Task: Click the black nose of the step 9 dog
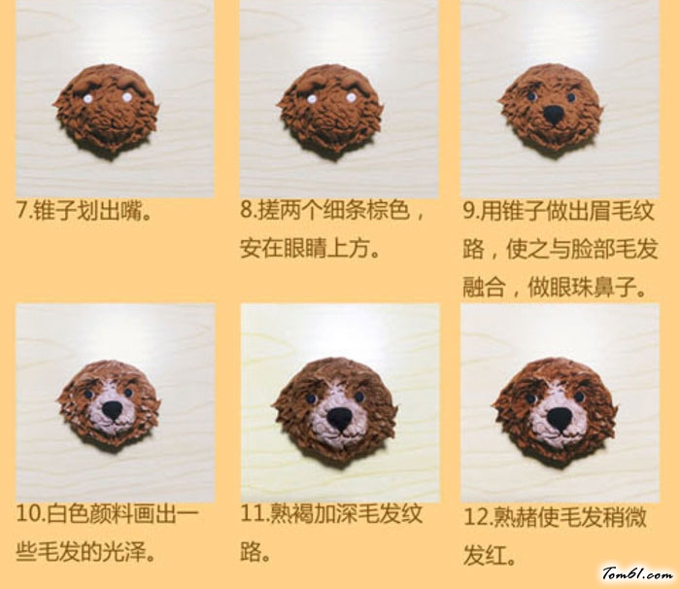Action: tap(554, 115)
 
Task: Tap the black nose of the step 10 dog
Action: tap(113, 410)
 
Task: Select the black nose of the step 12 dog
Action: tap(559, 418)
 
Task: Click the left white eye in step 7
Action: tap(86, 99)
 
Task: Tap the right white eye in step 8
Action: tap(352, 98)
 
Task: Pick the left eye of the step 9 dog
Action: tap(531, 96)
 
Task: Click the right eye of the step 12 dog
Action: tap(579, 397)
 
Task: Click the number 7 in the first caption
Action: tap(21, 211)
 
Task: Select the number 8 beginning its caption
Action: tap(247, 211)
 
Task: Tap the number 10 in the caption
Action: tap(27, 514)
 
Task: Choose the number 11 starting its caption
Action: tap(252, 514)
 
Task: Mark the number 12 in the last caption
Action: tap(475, 517)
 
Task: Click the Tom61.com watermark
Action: tap(637, 573)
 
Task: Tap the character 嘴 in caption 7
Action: tap(131, 211)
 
